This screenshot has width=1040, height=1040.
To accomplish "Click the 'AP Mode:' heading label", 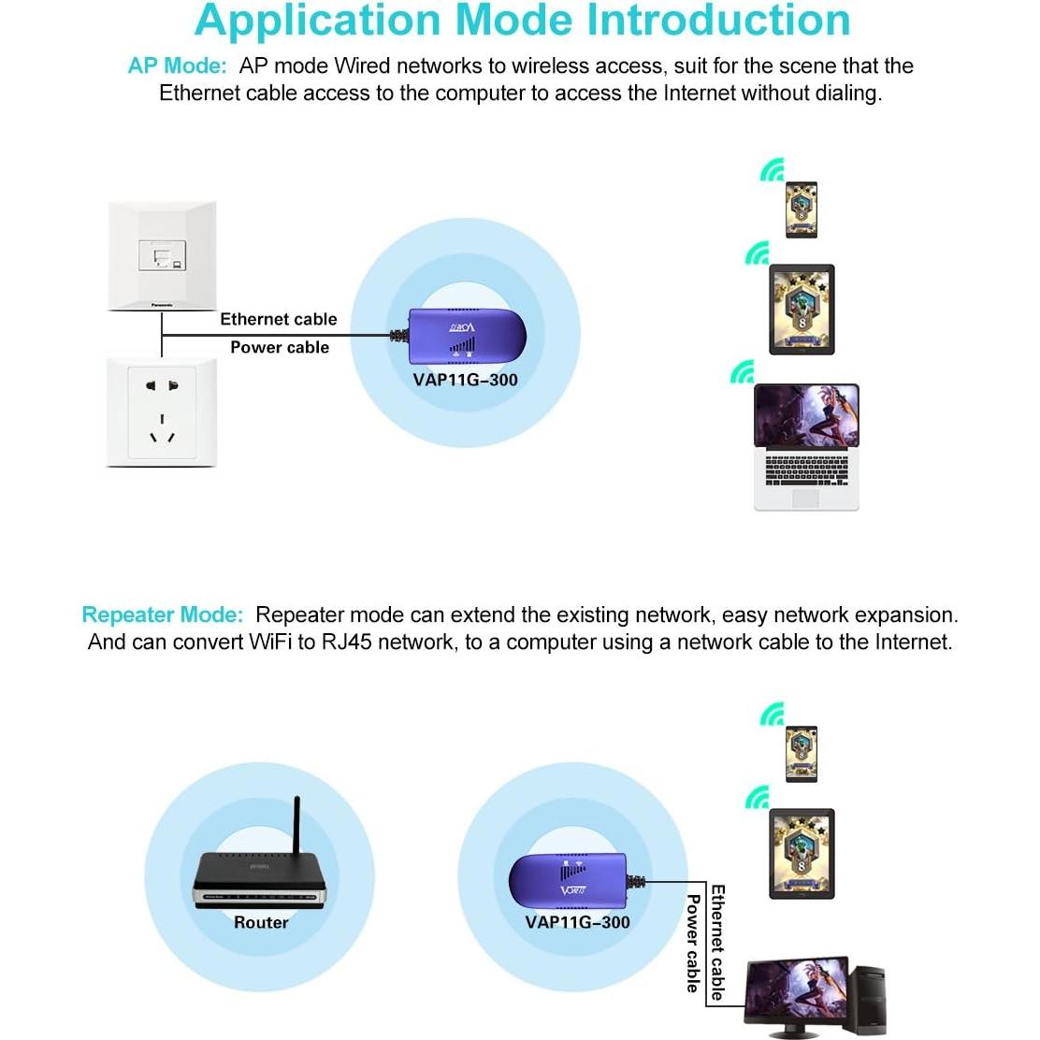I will pos(177,66).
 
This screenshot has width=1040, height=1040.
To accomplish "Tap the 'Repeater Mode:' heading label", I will pos(163,615).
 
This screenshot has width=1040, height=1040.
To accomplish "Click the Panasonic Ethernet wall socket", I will pos(162,255).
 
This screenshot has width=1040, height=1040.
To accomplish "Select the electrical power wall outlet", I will pos(162,412).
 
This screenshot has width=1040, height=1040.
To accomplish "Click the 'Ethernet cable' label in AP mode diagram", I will pos(278,320).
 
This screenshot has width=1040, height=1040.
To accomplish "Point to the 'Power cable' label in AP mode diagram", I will pos(280,348).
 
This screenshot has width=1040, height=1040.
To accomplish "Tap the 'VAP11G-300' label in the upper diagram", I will pos(465,380).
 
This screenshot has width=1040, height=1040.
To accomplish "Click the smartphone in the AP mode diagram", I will pos(802,209).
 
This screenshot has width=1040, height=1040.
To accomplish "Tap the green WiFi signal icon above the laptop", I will pos(743,372).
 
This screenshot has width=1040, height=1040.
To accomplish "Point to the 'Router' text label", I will pos(261,923).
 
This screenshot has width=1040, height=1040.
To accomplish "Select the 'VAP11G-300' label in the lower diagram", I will pos(577,923).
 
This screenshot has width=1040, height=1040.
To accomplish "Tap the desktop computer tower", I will pos(870,999).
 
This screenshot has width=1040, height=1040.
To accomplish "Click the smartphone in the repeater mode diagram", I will pos(802,754).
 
